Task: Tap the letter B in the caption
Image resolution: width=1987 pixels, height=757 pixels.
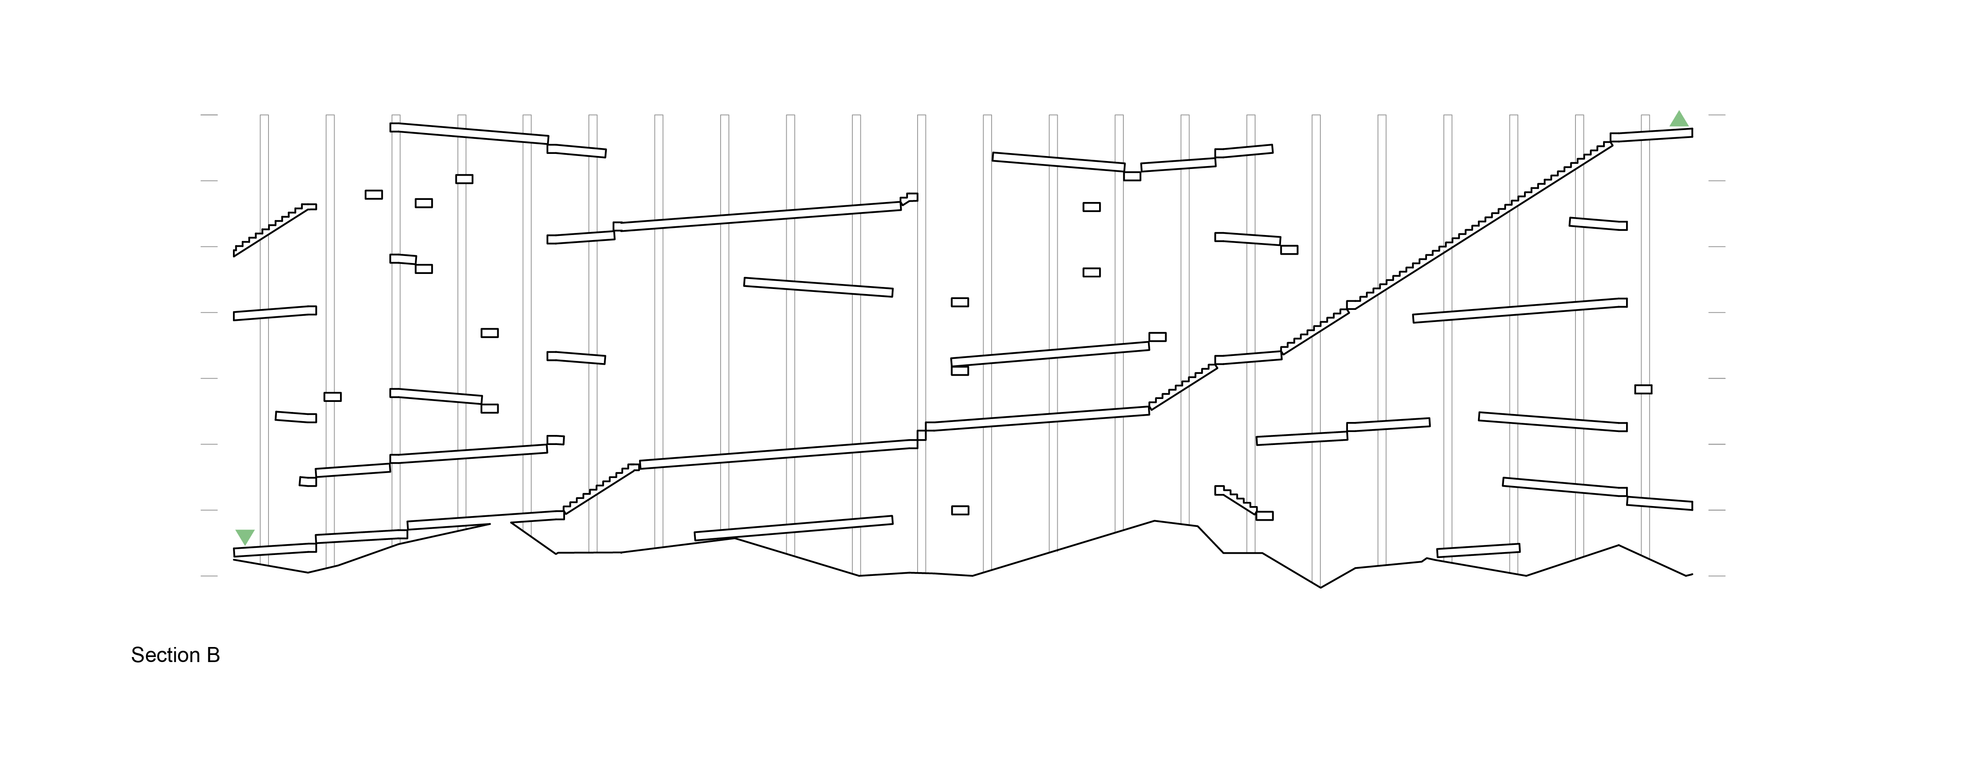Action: pos(213,655)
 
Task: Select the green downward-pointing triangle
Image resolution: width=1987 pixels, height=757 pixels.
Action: pos(245,536)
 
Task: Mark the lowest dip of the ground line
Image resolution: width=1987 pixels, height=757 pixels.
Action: pos(1320,587)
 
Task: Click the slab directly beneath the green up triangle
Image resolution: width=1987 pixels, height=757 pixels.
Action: pos(1651,135)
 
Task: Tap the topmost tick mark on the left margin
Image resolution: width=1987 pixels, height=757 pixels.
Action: pos(209,115)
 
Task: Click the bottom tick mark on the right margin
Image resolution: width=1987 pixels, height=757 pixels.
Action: pos(1716,575)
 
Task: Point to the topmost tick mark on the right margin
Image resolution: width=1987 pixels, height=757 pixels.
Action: pos(1716,115)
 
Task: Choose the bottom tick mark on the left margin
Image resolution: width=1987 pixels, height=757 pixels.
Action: pos(209,575)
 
